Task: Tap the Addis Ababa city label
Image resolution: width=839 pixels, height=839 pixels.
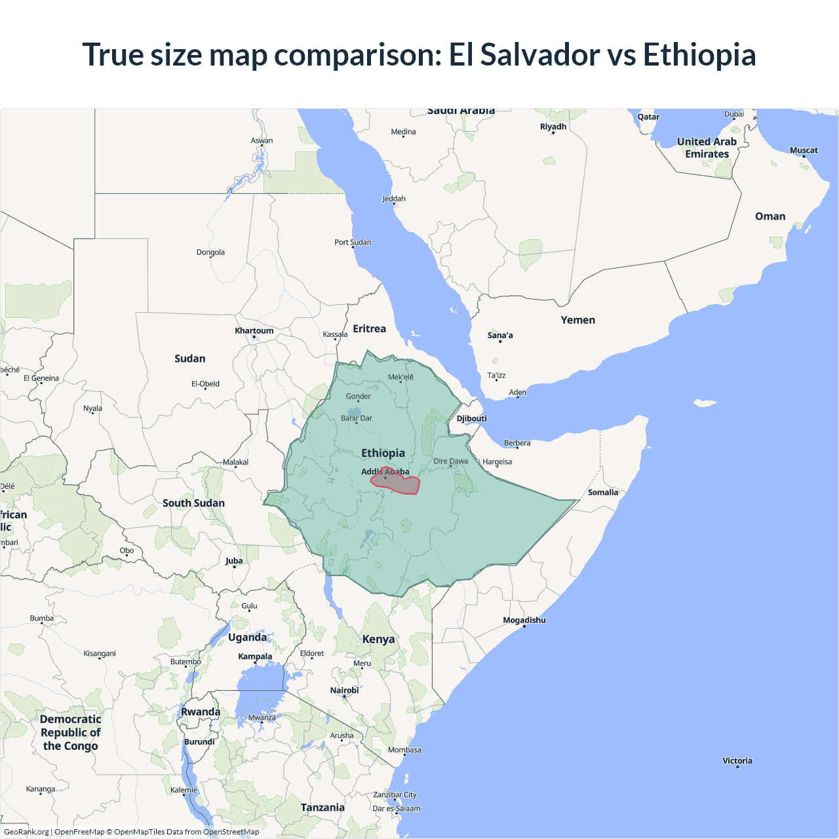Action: point(385,471)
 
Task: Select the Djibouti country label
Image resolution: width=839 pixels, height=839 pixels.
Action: point(471,418)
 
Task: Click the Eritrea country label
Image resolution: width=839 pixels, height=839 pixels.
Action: point(369,328)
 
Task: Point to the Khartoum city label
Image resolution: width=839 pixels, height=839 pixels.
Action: point(254,330)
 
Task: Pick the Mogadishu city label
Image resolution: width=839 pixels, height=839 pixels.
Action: point(524,620)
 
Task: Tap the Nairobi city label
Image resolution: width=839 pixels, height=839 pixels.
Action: point(344,690)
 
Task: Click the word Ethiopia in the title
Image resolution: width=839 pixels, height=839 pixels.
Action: point(699,54)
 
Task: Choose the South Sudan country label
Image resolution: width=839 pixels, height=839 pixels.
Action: point(193,503)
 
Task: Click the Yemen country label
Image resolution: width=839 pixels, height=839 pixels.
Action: point(577,320)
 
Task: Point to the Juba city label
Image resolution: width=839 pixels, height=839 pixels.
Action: point(233,560)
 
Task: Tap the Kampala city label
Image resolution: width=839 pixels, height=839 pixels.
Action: point(254,656)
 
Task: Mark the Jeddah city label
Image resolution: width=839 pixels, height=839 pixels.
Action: point(393,199)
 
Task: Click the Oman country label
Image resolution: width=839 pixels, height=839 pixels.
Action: point(770,216)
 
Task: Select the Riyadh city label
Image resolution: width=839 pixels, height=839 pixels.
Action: point(553,127)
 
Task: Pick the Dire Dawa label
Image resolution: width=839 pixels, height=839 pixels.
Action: point(450,461)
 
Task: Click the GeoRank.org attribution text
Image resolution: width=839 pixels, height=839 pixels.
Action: point(26,832)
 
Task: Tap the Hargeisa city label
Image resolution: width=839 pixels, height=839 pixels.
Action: point(497,461)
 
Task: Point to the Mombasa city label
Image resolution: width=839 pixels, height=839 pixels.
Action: point(404,750)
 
